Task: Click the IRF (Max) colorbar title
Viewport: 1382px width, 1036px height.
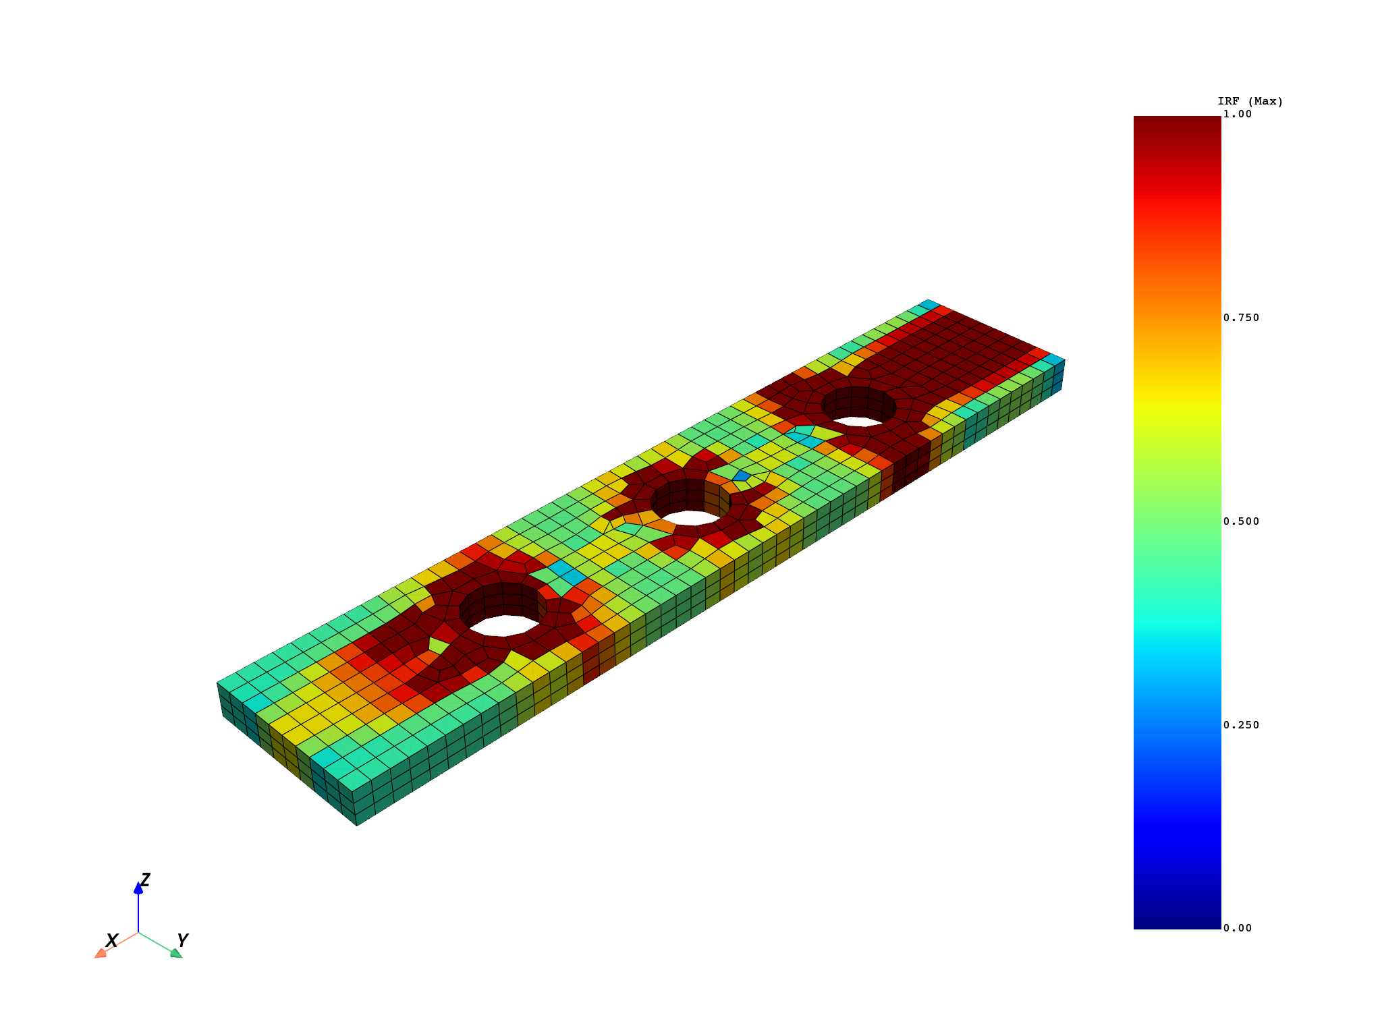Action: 1250,101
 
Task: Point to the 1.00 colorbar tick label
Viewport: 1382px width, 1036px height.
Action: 1238,114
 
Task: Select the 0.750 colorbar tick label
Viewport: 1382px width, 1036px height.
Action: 1241,318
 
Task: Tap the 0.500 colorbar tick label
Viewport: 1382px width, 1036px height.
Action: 1241,521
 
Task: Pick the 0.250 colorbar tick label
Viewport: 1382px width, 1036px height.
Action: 1241,725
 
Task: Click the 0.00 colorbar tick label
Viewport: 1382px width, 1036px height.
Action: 1238,928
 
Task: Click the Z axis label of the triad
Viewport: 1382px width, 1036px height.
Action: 145,880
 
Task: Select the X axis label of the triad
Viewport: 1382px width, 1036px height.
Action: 112,940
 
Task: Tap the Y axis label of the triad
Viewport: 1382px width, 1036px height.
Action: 182,940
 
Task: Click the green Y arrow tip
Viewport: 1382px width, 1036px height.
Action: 177,953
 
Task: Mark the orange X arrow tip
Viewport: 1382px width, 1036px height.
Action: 99,953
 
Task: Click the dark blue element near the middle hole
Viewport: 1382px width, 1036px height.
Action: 741,476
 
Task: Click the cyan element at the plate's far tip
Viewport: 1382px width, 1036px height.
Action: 929,304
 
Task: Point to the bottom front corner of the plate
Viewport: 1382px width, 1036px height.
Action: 357,824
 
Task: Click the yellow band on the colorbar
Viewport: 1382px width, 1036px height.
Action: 1177,405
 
